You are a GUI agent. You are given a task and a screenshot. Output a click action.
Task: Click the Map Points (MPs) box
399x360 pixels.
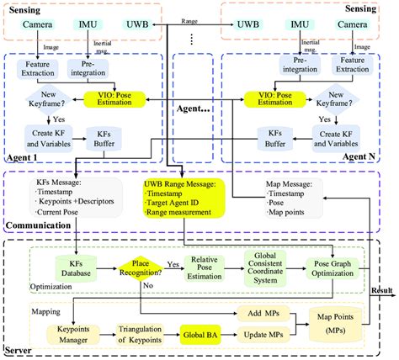(x=336, y=323)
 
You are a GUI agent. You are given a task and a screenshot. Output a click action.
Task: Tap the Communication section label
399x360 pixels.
(x=37, y=226)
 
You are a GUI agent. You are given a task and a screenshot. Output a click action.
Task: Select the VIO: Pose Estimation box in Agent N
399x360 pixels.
(x=273, y=100)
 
